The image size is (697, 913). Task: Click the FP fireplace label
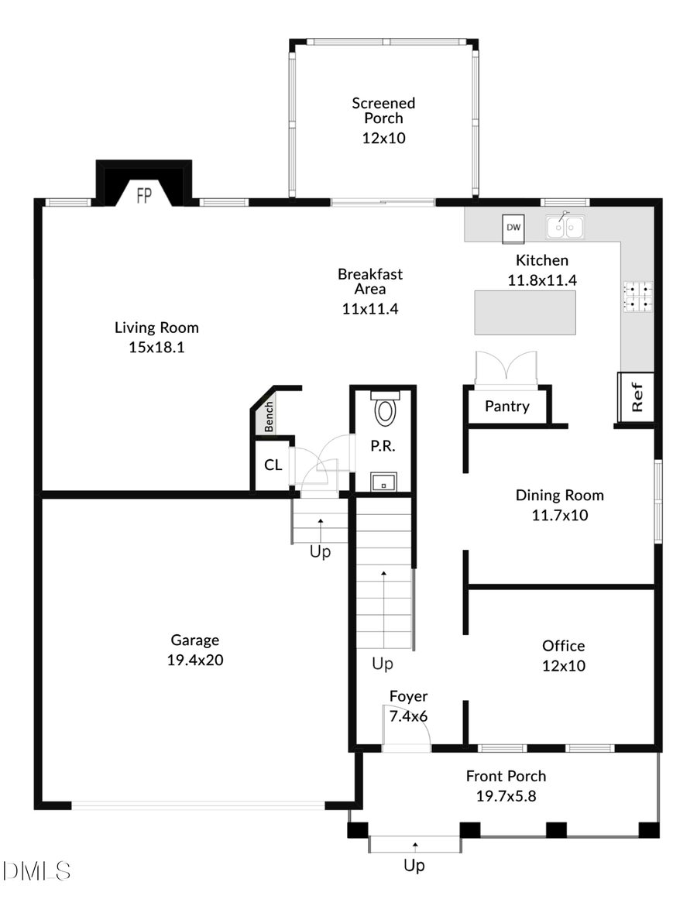(x=144, y=195)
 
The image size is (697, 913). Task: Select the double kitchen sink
(x=565, y=226)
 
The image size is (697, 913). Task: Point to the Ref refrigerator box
(x=637, y=396)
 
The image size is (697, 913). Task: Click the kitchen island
(x=525, y=313)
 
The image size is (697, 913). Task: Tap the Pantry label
(x=507, y=406)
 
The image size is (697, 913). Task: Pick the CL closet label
(x=273, y=465)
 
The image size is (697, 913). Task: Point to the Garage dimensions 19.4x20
(x=195, y=660)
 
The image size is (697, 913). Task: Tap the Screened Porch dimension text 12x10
(x=383, y=138)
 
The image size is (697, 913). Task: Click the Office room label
(x=563, y=646)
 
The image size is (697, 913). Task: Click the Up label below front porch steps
(x=414, y=866)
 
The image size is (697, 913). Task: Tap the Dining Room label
(x=559, y=496)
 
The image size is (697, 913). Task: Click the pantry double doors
(x=506, y=369)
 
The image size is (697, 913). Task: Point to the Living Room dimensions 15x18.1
(x=156, y=347)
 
